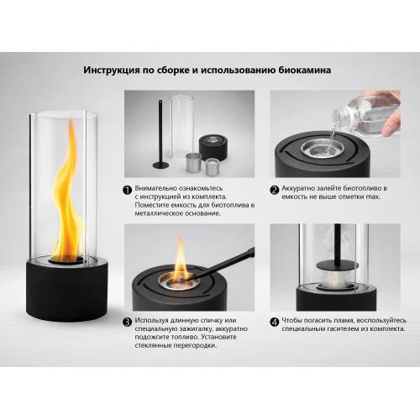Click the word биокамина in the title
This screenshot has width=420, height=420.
click(305, 70)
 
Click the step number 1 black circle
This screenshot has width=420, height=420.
click(128, 190)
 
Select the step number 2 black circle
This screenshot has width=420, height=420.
click(275, 190)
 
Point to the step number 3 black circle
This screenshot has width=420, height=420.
click(128, 323)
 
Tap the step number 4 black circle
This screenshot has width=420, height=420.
click(275, 323)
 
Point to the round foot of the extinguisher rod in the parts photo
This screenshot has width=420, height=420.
click(160, 165)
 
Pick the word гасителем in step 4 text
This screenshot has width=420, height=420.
click(342, 328)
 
